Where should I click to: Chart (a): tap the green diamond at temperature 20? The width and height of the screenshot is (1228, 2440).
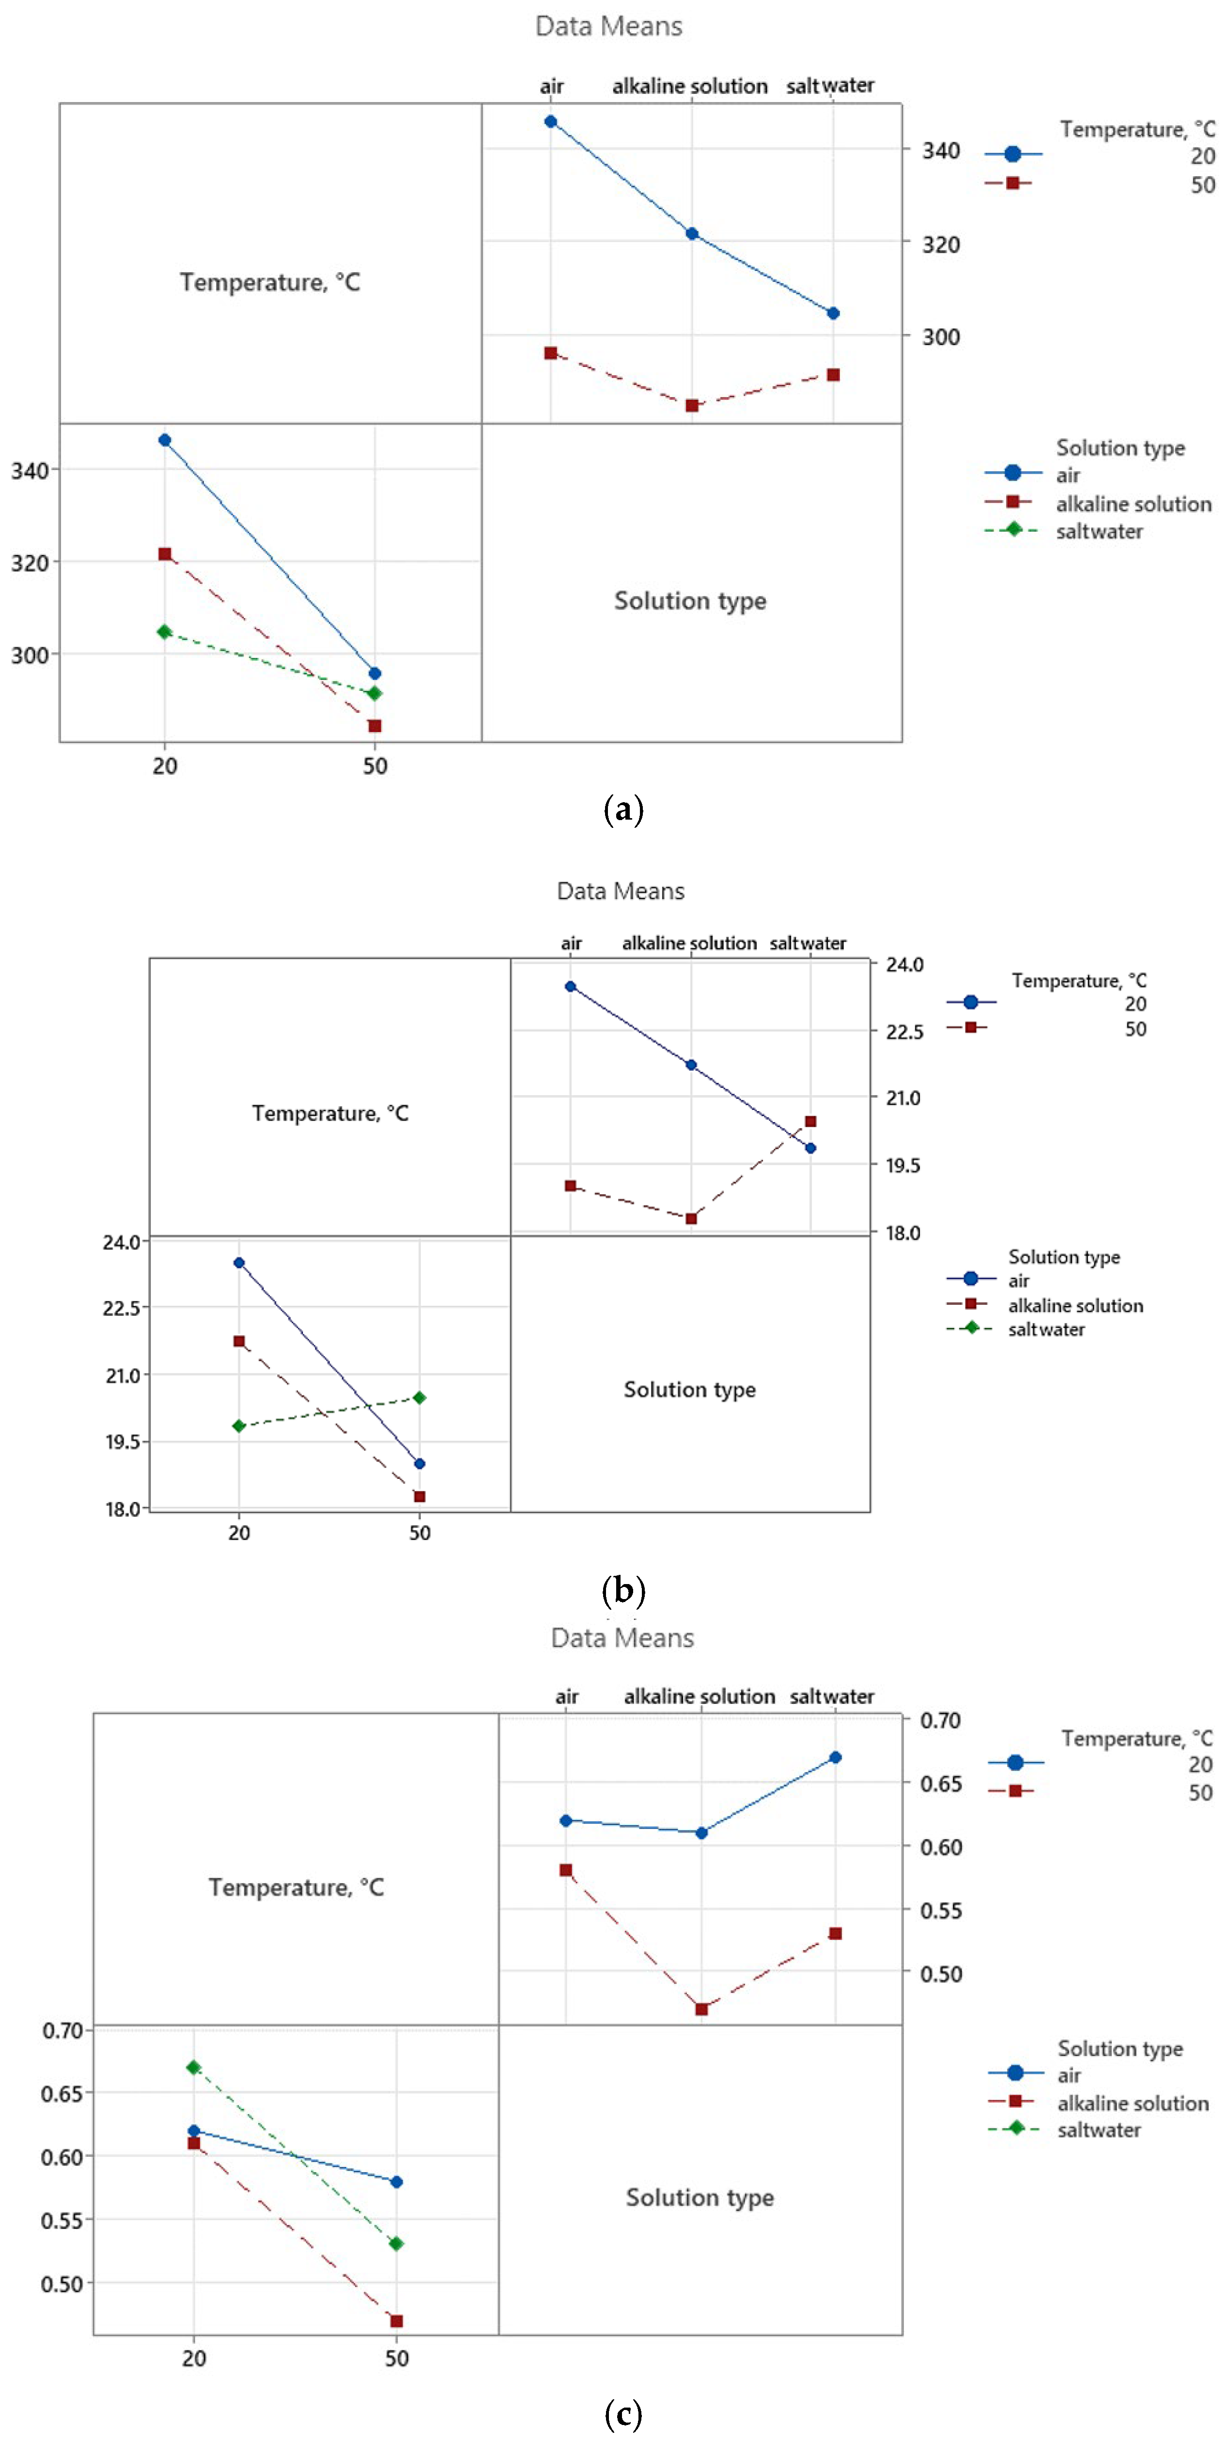[x=165, y=631]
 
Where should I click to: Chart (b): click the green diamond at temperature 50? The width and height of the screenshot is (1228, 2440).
[x=420, y=1397]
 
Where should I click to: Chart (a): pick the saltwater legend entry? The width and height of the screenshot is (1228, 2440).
[x=1099, y=532]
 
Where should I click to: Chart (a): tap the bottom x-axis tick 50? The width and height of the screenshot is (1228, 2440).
[x=375, y=765]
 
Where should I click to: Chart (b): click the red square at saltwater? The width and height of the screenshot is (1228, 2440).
[x=810, y=1122]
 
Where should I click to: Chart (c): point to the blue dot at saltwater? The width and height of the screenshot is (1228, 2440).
[x=835, y=1757]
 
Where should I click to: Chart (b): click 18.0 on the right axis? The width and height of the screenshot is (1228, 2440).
[x=903, y=1232]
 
